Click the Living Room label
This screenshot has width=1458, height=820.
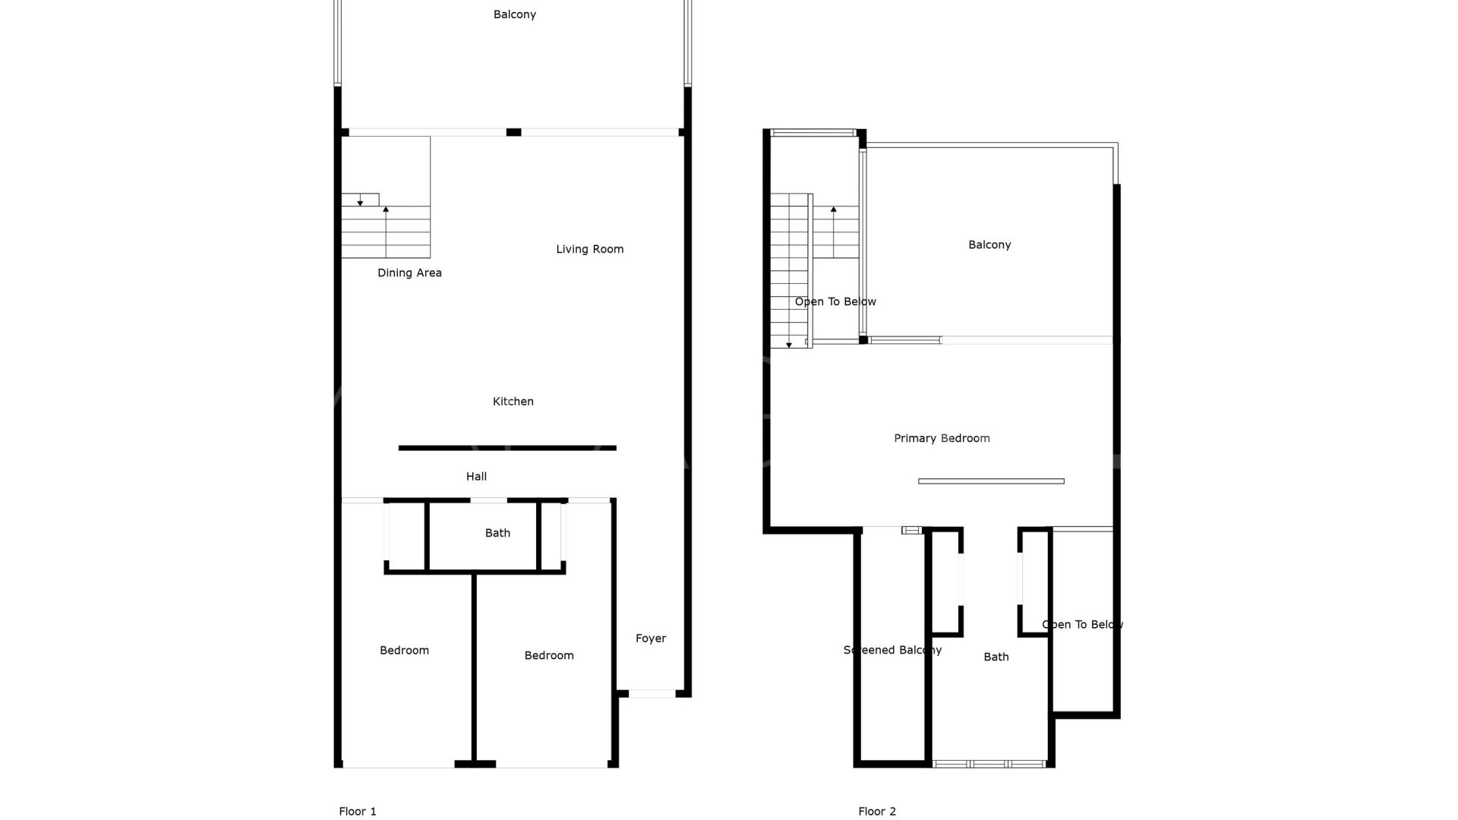coord(589,249)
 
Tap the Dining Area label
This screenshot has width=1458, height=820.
coord(409,273)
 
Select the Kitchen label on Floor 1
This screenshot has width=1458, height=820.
coord(513,402)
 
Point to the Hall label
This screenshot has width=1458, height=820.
coord(476,477)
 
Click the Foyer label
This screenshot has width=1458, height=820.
coord(651,639)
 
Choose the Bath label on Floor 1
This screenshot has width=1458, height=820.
coord(497,533)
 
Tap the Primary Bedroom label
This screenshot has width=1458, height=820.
coord(942,438)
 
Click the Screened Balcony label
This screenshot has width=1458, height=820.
coord(892,650)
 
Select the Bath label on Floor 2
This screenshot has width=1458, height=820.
coord(996,657)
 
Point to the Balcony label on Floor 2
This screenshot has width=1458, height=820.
coord(989,244)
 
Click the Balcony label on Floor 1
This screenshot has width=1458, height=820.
coord(515,14)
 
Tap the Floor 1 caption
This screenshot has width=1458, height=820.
coord(358,812)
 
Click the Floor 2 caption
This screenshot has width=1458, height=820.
coord(877,812)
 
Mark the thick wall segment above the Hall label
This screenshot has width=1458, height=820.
coord(507,448)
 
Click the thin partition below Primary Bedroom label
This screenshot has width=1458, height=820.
coord(991,481)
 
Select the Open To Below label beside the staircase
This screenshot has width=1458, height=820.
coord(835,301)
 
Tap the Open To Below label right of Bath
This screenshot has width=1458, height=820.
coord(1082,625)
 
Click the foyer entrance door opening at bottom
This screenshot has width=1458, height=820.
coord(652,693)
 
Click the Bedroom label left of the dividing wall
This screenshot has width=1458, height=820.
coord(404,651)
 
